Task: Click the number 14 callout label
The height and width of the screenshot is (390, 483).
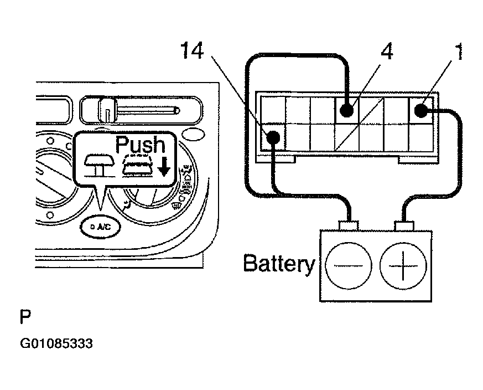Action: pos(191,50)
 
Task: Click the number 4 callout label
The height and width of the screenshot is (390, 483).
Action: pos(387,51)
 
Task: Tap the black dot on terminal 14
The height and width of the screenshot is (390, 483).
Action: pos(273,137)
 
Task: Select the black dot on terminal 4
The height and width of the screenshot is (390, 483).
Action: pos(347,110)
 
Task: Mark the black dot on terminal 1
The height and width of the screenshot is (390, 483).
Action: pos(421,110)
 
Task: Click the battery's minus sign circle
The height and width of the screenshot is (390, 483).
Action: pos(349,266)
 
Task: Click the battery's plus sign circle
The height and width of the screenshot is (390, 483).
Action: pos(403,266)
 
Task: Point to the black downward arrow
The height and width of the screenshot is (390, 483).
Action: pos(164,166)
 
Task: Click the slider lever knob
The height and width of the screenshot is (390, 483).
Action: pos(107,110)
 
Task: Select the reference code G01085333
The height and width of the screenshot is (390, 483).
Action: pos(56,343)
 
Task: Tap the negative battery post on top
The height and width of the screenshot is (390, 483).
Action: pos(349,226)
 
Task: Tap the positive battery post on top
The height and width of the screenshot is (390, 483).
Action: pos(404,226)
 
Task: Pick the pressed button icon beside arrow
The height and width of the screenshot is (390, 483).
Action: pos(138,166)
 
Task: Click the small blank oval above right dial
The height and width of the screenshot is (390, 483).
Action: pos(193,135)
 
